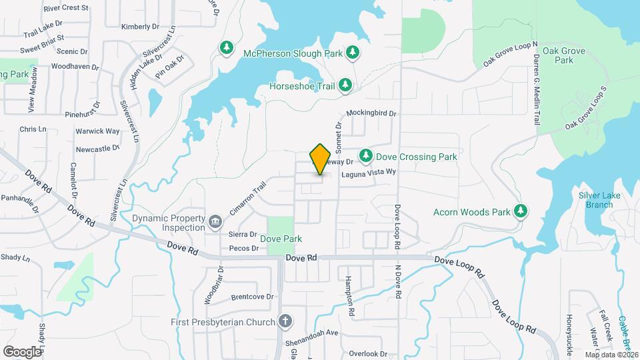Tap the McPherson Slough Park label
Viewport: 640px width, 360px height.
click(293, 53)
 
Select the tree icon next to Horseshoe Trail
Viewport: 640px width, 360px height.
click(345, 85)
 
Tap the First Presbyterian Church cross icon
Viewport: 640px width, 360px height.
click(285, 322)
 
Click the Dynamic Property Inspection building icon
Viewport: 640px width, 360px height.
click(215, 221)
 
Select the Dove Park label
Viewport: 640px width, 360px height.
click(281, 239)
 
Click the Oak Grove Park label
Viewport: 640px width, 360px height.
click(558, 55)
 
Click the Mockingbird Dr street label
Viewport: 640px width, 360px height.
click(371, 114)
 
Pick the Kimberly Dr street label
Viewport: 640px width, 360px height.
click(141, 27)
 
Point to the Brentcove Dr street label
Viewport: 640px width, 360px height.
click(252, 297)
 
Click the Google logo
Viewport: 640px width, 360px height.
click(22, 351)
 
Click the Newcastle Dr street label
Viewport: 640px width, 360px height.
click(97, 148)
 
